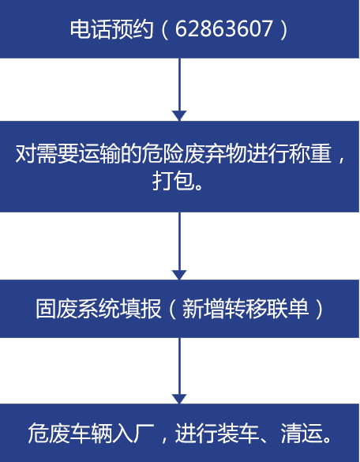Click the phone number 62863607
pos(224,29)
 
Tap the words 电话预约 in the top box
pos(111,29)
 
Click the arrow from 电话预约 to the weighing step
pos(179,89)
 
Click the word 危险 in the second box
pos(163,154)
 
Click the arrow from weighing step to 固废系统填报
pos(179,246)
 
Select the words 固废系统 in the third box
pos(78,309)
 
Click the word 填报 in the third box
pos(141,309)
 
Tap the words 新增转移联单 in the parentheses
pos(246,309)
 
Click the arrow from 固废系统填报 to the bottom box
pos(179,370)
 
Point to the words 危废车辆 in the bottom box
pos(70,433)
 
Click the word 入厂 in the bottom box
pos(133,433)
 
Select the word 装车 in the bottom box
pos(238,433)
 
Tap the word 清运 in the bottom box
pos(301,433)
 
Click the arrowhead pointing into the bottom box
pos(179,399)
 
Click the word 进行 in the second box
pos(268,154)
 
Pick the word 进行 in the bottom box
pos(197,433)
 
